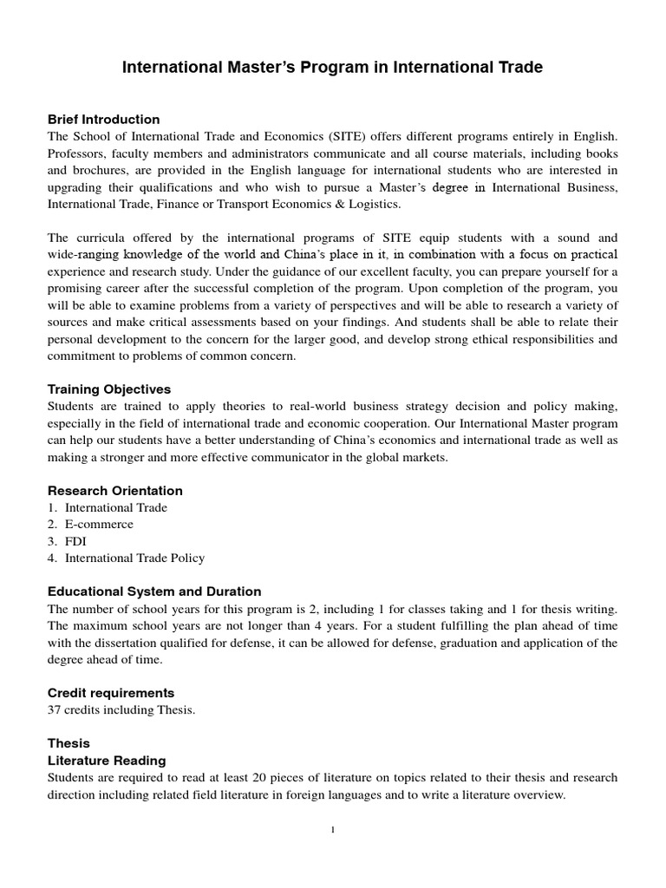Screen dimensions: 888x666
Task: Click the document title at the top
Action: coord(332,68)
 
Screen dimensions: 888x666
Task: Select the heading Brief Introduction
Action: coord(103,119)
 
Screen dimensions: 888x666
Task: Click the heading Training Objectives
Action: coord(108,389)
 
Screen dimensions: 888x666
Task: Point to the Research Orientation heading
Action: coord(114,490)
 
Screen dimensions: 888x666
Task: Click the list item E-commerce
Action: coord(99,524)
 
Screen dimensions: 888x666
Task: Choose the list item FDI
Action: coord(75,541)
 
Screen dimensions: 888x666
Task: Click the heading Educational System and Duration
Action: coord(153,591)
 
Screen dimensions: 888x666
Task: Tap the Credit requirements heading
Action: coord(110,693)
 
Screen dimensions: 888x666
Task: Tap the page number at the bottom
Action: coord(333,830)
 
